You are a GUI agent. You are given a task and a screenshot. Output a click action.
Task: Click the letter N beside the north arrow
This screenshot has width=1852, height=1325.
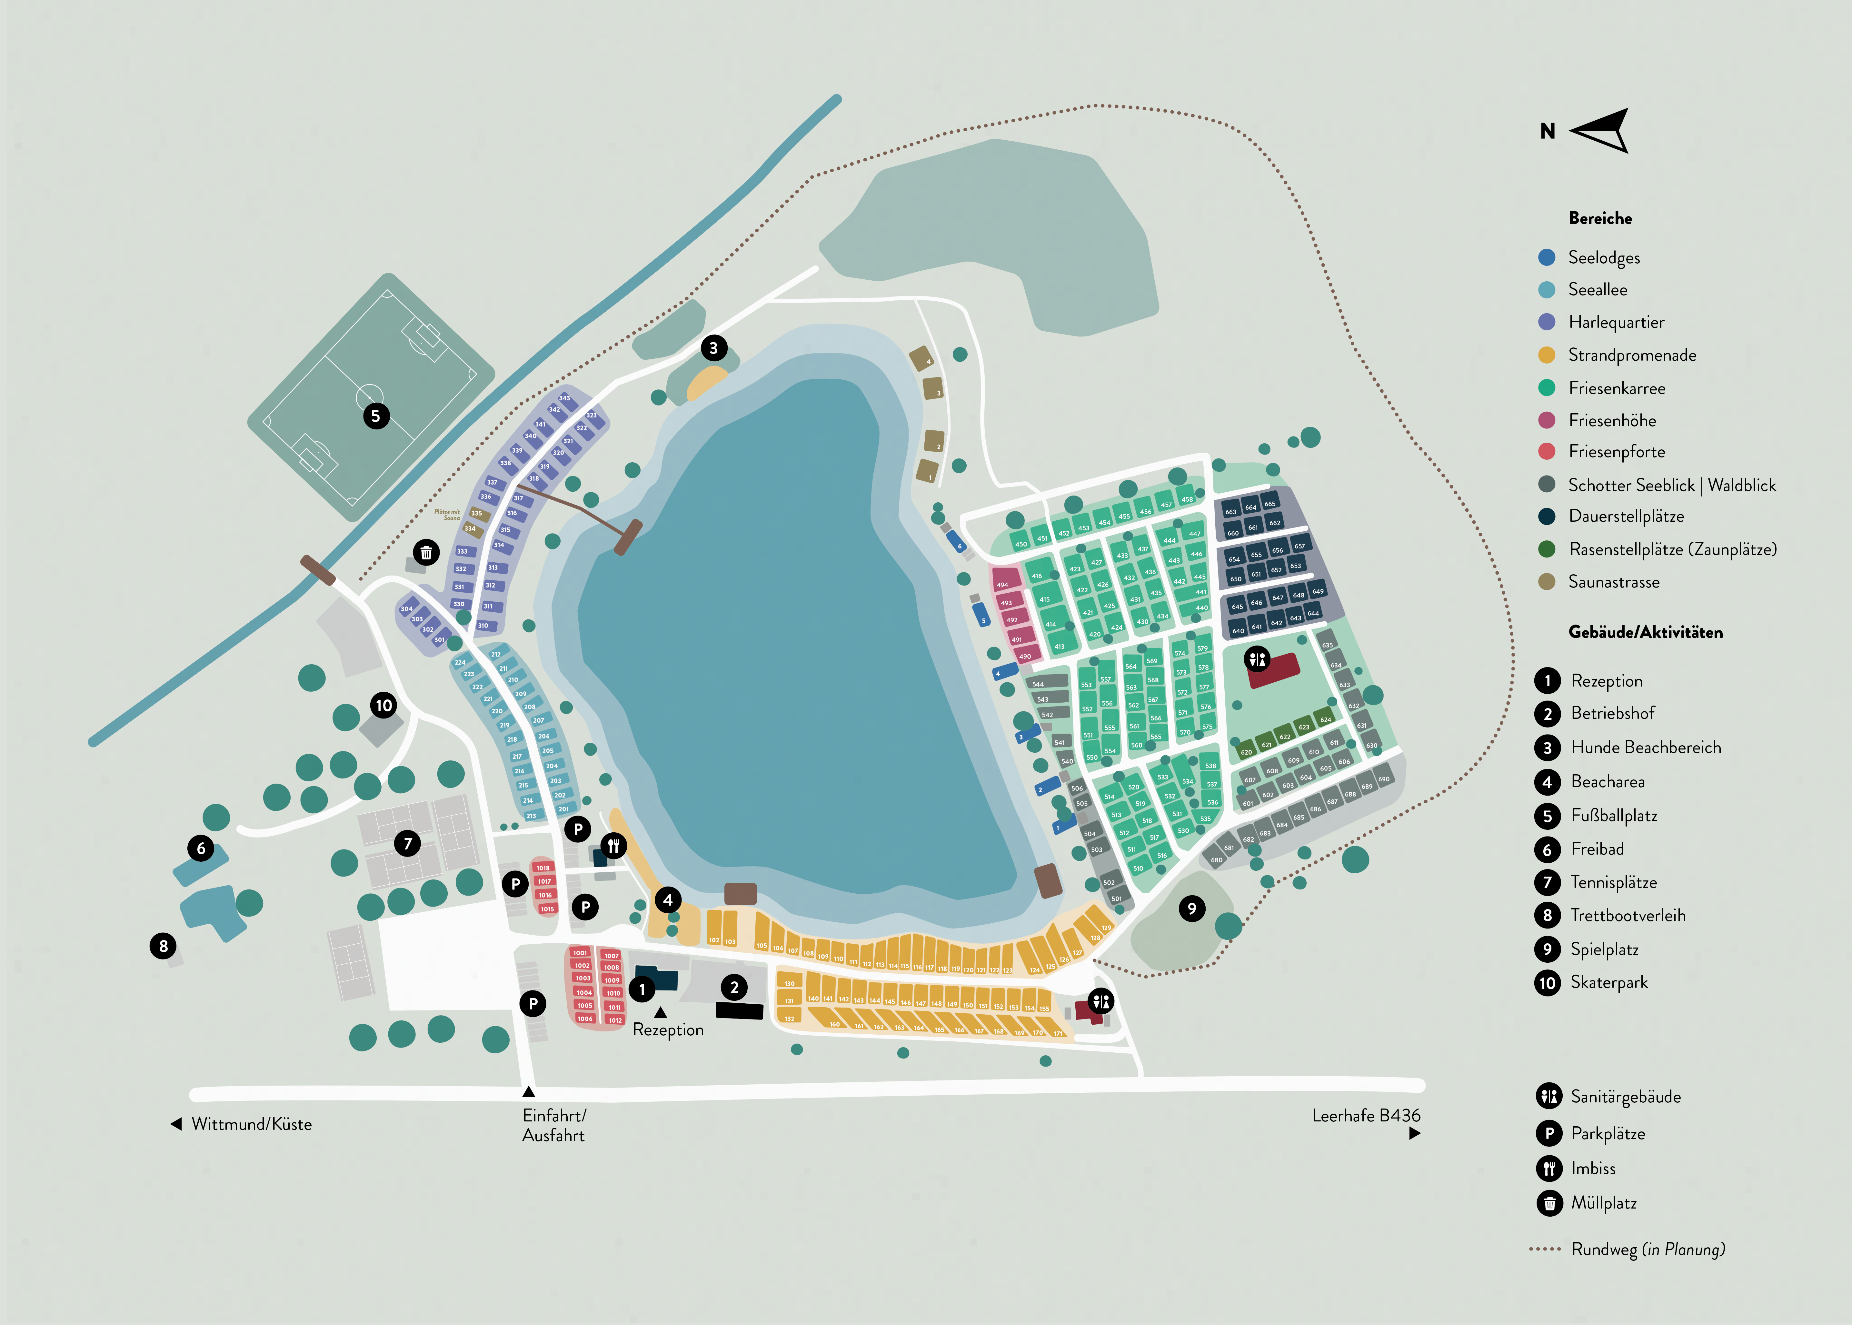point(1547,131)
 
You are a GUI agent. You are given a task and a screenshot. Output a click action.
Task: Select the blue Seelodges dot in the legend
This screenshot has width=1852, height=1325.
point(1546,257)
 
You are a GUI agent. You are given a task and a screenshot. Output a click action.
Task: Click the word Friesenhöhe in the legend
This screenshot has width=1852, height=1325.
point(1612,420)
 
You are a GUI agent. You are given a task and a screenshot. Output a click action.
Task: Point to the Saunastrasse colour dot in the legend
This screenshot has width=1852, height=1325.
point(1546,582)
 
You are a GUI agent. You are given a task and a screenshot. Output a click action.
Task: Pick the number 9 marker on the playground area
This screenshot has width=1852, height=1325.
point(1191,908)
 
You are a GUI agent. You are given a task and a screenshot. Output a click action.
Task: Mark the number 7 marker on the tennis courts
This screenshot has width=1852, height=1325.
point(408,843)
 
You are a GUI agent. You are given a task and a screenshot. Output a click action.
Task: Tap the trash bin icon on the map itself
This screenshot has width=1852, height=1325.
point(426,552)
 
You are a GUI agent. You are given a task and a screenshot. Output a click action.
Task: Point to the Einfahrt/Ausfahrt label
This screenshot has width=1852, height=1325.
point(554,1125)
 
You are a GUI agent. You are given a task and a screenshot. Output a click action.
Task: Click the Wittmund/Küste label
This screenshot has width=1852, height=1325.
point(251,1124)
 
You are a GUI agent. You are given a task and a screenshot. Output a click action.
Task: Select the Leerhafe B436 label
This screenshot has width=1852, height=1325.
point(1366,1115)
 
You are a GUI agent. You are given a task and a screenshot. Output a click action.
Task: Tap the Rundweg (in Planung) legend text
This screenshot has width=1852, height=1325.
point(1647,1249)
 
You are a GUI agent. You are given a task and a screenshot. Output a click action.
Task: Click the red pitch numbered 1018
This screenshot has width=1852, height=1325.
point(543,868)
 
